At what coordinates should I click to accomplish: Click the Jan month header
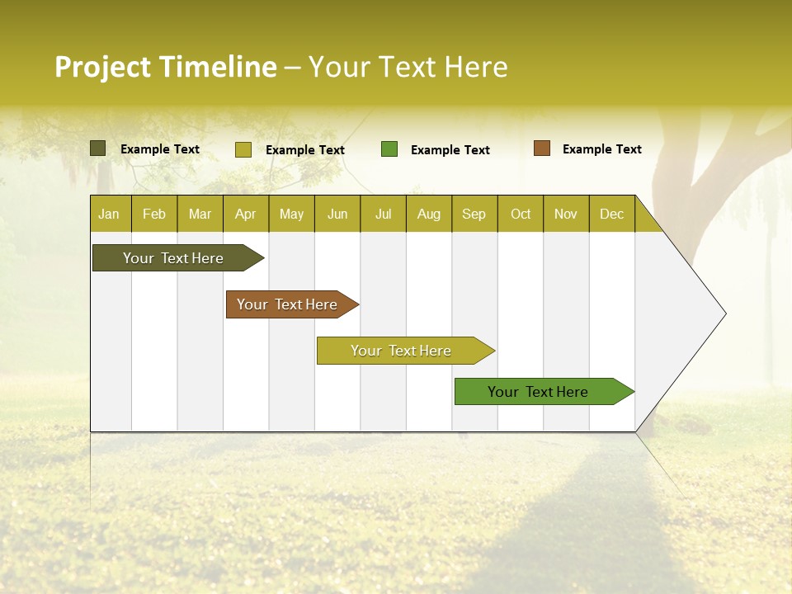[109, 214]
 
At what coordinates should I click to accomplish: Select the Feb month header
[154, 214]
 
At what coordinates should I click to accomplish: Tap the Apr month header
[246, 214]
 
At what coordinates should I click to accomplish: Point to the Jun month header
[337, 214]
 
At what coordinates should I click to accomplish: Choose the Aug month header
[429, 214]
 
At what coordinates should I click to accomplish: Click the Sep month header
[474, 214]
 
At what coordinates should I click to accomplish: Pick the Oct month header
[521, 214]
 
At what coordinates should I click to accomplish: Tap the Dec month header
[612, 214]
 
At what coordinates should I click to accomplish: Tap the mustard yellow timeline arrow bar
[402, 351]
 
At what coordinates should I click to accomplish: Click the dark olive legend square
[97, 148]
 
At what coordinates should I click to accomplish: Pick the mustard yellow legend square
[243, 149]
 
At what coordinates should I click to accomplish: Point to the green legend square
[389, 149]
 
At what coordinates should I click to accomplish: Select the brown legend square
[541, 148]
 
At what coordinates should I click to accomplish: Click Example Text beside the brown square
[601, 149]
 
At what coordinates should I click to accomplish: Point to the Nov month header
[566, 214]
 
